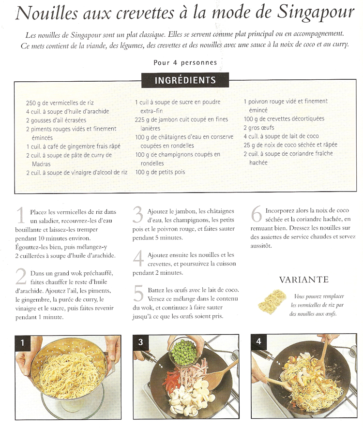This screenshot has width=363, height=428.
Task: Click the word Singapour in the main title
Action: tap(316, 14)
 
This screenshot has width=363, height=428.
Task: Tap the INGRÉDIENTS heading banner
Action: tap(185, 80)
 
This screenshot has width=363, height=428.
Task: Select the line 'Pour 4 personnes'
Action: tap(185, 63)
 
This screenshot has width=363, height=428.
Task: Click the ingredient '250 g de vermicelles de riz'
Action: tap(60, 103)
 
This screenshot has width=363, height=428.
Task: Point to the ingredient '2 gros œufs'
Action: tap(259, 128)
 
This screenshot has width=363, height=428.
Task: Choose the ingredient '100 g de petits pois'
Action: tap(160, 172)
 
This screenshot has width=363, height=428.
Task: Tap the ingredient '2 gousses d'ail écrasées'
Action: tap(56, 120)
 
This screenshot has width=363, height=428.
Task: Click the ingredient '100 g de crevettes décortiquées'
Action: tap(284, 119)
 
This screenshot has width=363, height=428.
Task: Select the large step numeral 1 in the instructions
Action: tap(21, 215)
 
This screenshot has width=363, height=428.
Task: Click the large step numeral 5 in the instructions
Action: tap(138, 294)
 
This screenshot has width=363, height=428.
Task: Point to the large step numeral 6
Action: tap(257, 214)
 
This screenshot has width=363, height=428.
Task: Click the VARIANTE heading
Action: tap(304, 280)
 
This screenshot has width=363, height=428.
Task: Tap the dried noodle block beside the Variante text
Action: tap(272, 302)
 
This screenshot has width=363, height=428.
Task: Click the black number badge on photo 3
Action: tap(141, 342)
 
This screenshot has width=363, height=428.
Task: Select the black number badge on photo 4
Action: tap(258, 341)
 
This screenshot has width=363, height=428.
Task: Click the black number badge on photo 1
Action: tap(23, 342)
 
